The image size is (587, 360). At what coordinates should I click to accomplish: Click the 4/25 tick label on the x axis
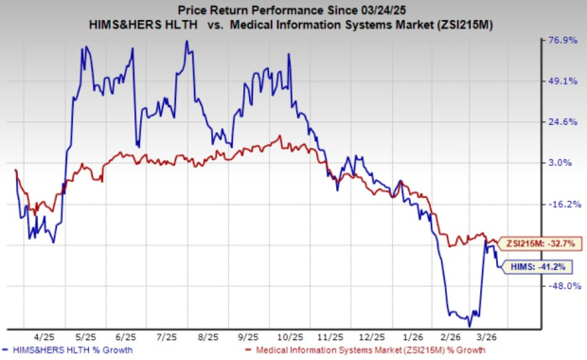coord(44,335)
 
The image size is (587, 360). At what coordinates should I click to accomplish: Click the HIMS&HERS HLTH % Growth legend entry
coord(75,351)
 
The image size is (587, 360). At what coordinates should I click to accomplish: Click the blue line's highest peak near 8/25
coord(187,41)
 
